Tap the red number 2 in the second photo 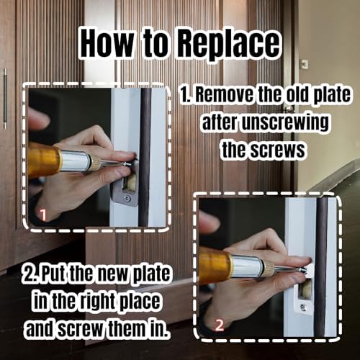click(219, 323)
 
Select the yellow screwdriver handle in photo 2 click(214, 264)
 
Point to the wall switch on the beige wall click(305, 63)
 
